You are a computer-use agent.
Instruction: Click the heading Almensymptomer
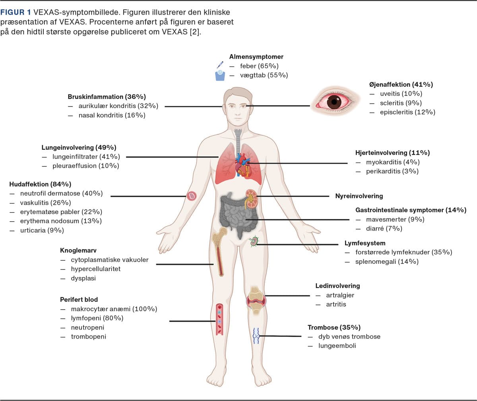click(x=256, y=57)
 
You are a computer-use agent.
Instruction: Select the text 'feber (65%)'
click(x=259, y=66)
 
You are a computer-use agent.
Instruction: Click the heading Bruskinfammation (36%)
click(x=107, y=97)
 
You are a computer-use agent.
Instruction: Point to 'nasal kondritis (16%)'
click(x=112, y=115)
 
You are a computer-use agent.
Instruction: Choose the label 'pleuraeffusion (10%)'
click(x=85, y=166)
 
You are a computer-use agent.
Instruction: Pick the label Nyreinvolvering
click(x=359, y=196)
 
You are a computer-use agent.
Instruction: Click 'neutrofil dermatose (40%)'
click(x=61, y=194)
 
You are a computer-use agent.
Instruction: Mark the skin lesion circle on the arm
click(x=192, y=196)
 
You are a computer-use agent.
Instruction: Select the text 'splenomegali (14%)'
click(x=387, y=262)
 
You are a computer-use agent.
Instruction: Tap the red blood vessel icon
click(x=219, y=319)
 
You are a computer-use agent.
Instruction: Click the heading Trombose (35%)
click(x=334, y=327)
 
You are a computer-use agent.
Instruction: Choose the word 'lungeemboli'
click(x=337, y=346)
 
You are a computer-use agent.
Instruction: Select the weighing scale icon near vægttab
click(x=220, y=75)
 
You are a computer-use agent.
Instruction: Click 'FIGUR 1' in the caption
click(x=15, y=12)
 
